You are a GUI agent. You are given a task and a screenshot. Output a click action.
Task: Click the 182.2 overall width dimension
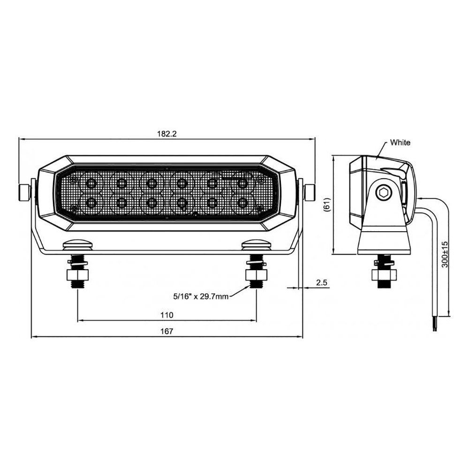167,134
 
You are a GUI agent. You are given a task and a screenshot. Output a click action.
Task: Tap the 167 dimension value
167,331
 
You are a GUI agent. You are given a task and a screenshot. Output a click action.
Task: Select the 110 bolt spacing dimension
167,315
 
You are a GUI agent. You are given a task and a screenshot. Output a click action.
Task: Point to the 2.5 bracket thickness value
322,282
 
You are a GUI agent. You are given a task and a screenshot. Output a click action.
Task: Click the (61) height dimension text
327,205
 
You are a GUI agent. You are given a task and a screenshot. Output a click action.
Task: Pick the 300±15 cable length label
445,254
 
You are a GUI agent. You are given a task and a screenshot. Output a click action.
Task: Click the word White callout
400,143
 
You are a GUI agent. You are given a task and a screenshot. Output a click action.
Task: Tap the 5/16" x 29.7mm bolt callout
201,296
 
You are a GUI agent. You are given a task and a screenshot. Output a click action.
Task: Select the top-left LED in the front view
91,183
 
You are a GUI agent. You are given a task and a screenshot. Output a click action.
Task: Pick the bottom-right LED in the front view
242,203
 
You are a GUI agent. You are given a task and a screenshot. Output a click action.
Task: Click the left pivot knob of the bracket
25,193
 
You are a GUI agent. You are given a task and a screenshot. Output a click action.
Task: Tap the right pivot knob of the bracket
309,193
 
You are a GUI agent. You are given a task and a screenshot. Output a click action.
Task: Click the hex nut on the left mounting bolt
77,274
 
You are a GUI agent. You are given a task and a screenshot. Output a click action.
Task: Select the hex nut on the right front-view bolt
257,274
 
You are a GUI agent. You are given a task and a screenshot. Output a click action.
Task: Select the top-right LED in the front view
242,183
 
